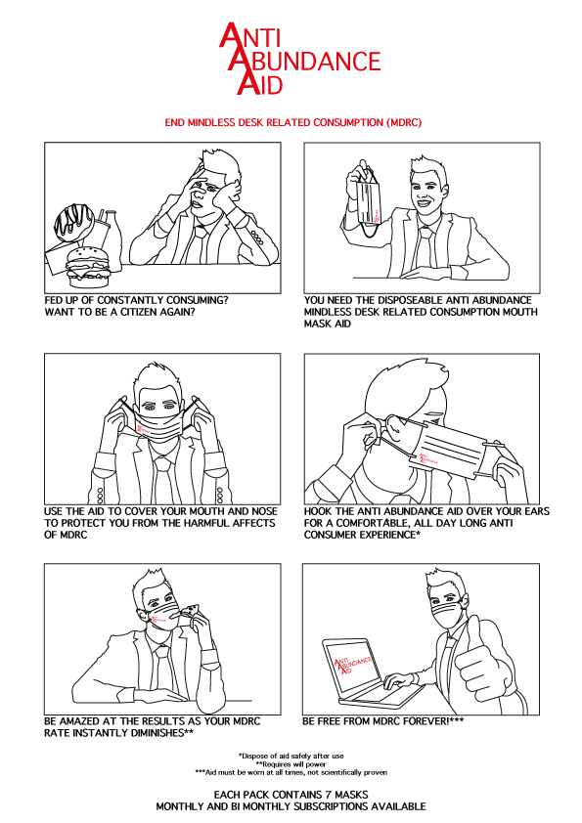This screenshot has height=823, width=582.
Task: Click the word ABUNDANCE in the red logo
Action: point(315,62)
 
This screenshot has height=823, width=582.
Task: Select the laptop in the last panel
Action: point(362,675)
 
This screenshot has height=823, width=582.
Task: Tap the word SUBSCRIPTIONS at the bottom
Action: point(336,806)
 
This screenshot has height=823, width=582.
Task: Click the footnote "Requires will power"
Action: point(291,763)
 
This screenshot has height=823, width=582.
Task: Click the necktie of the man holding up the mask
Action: point(428,238)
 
